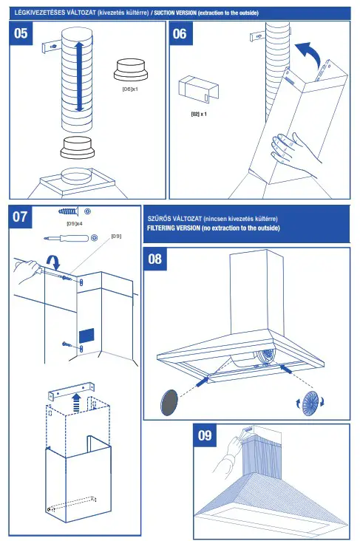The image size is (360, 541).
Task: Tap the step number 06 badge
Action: tap(180, 35)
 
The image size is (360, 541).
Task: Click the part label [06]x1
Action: tap(131, 89)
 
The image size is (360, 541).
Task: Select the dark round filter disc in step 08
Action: tap(171, 403)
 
